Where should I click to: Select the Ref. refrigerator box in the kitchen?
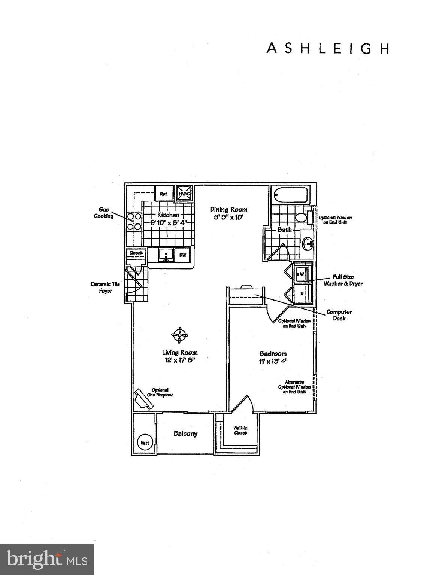click(164, 194)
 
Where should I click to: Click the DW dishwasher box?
click(183, 255)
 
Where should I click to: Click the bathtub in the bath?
click(290, 195)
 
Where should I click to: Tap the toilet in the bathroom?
click(301, 217)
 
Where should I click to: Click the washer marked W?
click(302, 274)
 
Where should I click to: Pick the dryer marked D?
click(302, 293)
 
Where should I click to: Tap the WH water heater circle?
click(145, 442)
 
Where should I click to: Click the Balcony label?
click(185, 433)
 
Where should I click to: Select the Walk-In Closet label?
click(240, 430)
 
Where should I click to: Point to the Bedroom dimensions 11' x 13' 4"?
click(273, 361)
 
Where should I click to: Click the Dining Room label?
click(228, 209)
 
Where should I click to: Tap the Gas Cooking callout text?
click(103, 213)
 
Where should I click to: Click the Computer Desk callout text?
click(339, 315)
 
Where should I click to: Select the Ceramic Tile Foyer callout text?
click(105, 287)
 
